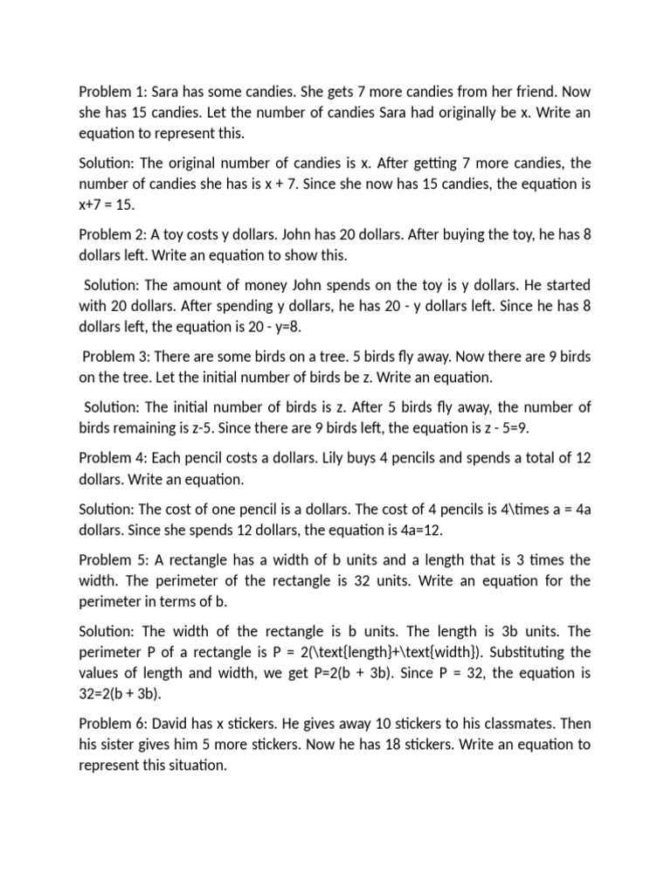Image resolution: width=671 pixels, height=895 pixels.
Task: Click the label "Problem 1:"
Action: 110,92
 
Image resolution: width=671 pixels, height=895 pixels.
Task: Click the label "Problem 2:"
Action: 110,234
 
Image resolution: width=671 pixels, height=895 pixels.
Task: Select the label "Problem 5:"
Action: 110,559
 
